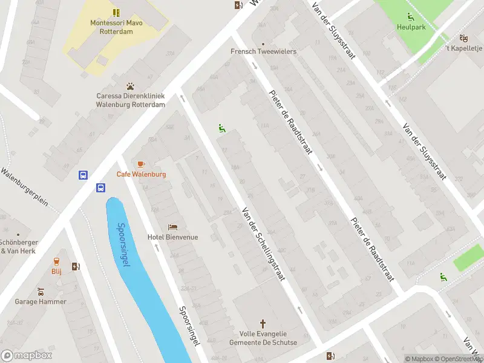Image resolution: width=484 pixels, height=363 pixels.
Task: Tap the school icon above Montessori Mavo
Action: tap(116, 12)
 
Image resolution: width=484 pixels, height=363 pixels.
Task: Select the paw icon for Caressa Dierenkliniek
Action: tap(130, 87)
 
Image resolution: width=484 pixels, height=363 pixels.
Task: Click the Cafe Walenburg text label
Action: tap(141, 174)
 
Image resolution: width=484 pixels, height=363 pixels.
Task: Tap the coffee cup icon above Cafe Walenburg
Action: tap(141, 164)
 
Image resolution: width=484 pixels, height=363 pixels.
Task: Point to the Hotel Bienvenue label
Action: tap(173, 237)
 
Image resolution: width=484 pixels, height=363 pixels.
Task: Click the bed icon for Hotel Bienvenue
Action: tap(173, 227)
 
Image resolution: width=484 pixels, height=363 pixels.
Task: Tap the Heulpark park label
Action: tap(411, 27)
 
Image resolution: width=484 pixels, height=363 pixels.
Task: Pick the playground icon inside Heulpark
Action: tap(411, 16)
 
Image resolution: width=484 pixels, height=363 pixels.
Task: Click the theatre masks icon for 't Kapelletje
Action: tap(463, 38)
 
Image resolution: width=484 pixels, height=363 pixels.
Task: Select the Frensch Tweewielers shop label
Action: tap(263, 51)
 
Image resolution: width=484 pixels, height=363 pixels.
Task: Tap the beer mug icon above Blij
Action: tap(56, 262)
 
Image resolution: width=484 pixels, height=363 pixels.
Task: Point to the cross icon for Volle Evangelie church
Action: tap(263, 324)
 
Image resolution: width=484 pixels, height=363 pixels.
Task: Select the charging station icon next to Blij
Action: tap(75, 266)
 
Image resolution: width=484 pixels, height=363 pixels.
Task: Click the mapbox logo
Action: tap(27, 356)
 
